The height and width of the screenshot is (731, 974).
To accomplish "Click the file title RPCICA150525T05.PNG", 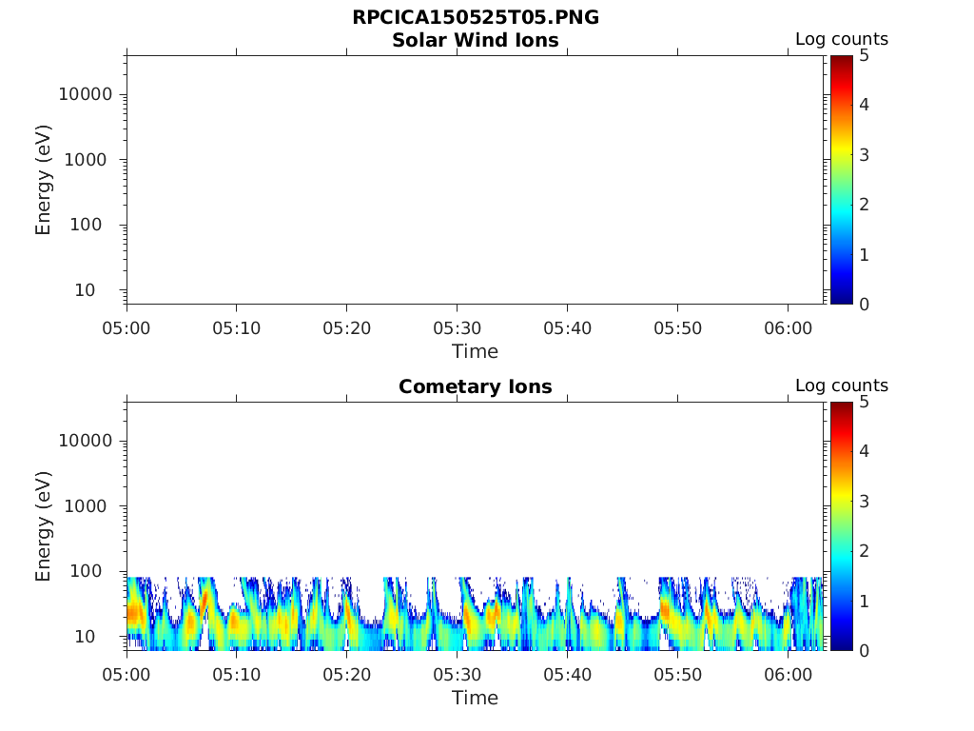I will (x=475, y=18).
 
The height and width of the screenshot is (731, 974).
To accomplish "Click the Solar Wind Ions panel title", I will (x=475, y=40).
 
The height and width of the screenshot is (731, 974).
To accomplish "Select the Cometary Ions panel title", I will (x=475, y=386).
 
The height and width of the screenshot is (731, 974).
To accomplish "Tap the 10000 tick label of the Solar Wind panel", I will (x=86, y=94).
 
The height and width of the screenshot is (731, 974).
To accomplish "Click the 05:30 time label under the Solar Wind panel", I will (x=457, y=327).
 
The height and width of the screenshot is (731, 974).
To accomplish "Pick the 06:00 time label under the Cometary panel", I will (x=788, y=674).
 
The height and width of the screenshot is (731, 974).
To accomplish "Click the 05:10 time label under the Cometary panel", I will (x=237, y=674).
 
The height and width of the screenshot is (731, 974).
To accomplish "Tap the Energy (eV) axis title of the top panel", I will (x=44, y=180).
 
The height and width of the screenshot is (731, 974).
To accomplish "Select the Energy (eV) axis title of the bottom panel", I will (x=44, y=526).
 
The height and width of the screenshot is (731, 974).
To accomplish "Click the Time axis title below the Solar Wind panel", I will (x=475, y=351).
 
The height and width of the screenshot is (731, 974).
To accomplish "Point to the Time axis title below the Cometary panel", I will (x=475, y=698).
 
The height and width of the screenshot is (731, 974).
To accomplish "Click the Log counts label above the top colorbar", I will (x=841, y=40).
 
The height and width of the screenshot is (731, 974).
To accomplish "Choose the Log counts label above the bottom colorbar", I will (x=841, y=386).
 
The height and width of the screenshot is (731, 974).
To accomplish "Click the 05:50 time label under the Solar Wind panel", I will (x=677, y=327).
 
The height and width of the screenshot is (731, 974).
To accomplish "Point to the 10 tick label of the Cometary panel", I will (x=99, y=636).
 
